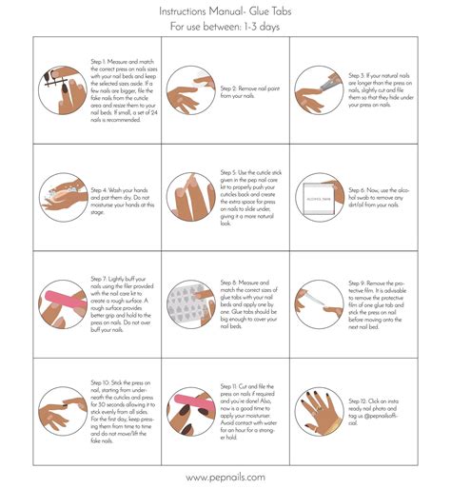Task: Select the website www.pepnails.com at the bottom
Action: pos(225,477)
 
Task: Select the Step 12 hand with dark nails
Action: pos(316,412)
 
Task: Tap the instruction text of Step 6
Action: pos(378,197)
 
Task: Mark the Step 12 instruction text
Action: pos(378,412)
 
